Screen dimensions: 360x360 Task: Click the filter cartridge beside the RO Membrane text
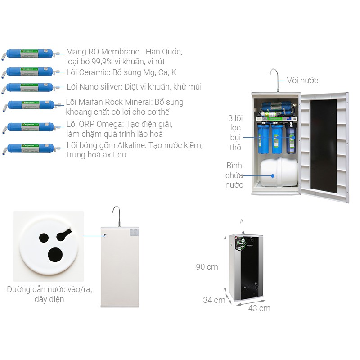coord(31,55)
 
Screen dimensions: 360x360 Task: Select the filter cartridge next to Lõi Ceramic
coord(31,72)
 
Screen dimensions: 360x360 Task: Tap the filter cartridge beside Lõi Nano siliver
coord(31,87)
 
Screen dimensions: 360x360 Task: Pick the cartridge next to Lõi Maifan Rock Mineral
coord(31,106)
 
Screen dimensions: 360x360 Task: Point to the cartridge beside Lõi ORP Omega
coord(31,127)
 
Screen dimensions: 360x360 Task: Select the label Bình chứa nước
coord(234,175)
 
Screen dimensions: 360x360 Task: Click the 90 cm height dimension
coord(207,267)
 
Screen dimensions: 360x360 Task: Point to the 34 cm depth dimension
coord(214,300)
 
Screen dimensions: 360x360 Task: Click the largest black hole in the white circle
coord(56,255)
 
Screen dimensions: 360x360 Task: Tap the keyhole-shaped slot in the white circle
coord(63,234)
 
